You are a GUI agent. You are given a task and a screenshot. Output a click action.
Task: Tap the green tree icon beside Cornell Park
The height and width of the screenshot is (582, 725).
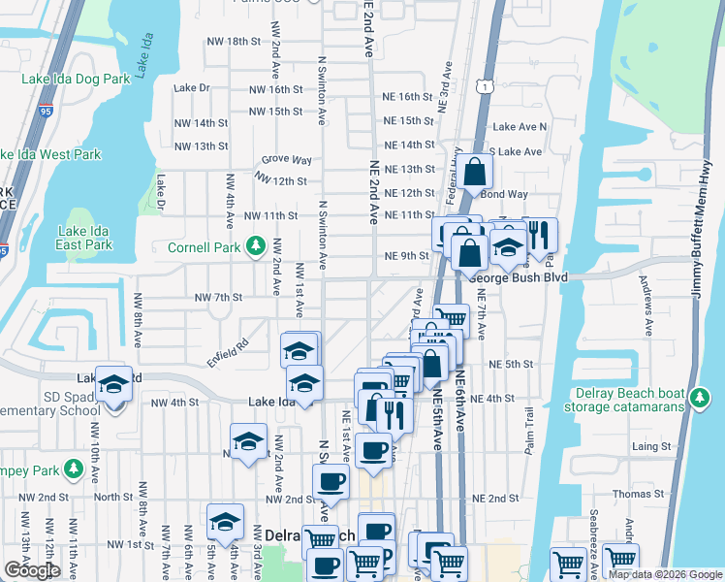pos(256,247)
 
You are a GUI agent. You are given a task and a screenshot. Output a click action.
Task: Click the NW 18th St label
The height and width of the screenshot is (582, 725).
pos(236,42)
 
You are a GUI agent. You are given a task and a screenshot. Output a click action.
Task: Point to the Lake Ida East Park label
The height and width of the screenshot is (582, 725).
pos(85,238)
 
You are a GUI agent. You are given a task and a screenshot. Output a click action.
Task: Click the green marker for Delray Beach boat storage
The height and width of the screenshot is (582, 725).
pos(698,397)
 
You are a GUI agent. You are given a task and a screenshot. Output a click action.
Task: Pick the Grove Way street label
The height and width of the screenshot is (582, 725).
pos(287,160)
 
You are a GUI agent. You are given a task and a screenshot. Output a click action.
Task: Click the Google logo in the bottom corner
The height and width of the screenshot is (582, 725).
pos(31,570)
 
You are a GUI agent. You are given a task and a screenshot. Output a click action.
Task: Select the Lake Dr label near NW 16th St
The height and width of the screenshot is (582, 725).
pos(192,88)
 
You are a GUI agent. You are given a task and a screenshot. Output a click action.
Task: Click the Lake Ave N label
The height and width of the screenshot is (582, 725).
pos(520,127)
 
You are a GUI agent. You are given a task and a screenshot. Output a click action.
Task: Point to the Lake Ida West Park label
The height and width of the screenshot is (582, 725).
pos(49,154)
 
